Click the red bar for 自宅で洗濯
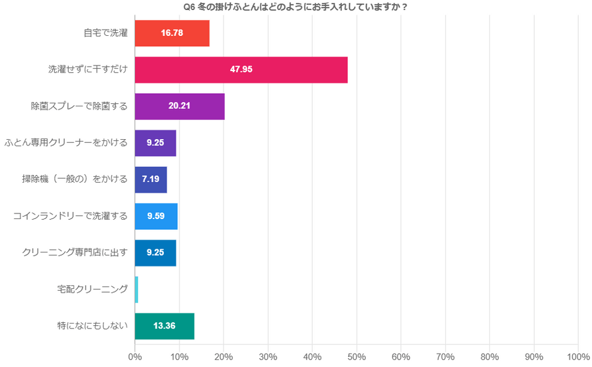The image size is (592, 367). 172,33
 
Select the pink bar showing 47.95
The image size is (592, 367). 241,69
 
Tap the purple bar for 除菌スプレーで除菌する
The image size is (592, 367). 179,106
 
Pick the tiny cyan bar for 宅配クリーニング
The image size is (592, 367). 137,289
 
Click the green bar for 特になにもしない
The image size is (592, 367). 164,325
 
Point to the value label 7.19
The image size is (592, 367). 151,179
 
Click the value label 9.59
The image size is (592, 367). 156,216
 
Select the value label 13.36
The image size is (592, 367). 164,325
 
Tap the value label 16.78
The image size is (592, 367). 172,33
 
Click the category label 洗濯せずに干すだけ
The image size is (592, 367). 88,69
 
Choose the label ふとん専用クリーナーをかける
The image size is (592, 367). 66,143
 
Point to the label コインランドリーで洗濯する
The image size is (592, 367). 71,216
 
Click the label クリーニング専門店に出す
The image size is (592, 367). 75,252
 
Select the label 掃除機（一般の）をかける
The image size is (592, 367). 75,179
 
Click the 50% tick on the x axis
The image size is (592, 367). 356,356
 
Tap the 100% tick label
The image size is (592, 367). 578,356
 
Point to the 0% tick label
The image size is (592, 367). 135,356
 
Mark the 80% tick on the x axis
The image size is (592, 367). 489,356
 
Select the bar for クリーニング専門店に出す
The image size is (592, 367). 156,252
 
